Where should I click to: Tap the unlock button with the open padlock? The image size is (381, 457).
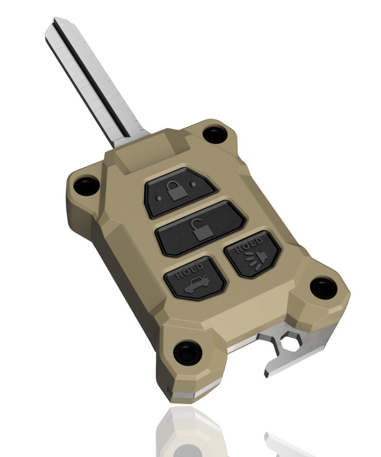(201, 229)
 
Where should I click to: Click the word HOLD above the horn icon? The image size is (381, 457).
(248, 245)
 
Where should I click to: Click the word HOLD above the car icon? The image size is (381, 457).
(189, 271)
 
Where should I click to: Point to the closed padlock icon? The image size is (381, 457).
(176, 190)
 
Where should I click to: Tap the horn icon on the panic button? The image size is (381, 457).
(257, 260)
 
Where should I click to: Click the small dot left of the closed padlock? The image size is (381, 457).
(158, 198)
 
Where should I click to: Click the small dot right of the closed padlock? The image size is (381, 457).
(193, 184)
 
